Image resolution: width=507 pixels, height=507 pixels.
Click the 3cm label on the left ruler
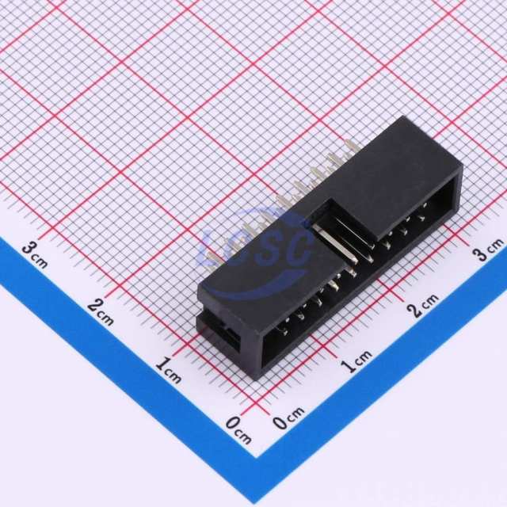pyautogui.click(x=35, y=256)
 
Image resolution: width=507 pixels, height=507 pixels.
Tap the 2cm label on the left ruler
pyautogui.click(x=101, y=312)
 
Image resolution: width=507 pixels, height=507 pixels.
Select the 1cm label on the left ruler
pyautogui.click(x=168, y=370)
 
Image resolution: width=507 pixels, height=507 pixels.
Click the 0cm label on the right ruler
pyautogui.click(x=288, y=417)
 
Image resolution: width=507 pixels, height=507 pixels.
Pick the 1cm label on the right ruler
pyautogui.click(x=356, y=361)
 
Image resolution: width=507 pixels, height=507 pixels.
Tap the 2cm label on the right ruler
pyautogui.click(x=423, y=304)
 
